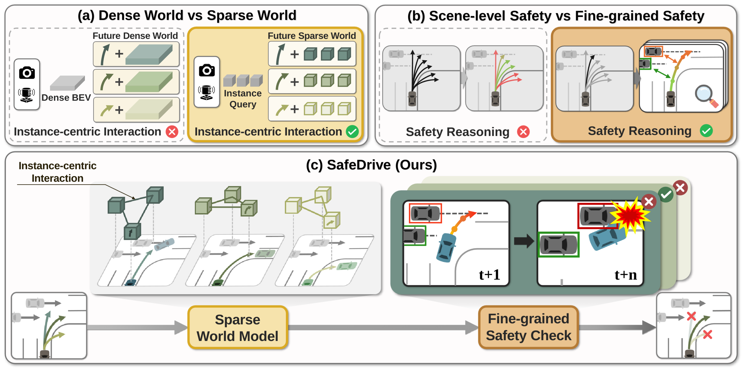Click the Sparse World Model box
[x=237, y=328]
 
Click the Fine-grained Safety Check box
[x=528, y=327]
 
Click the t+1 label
[x=489, y=274]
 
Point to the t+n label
[x=625, y=274]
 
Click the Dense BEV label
[x=66, y=98]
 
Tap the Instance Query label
[x=243, y=99]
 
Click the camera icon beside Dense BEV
[x=27, y=73]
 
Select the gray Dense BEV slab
[x=67, y=83]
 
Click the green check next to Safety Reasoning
[x=706, y=131]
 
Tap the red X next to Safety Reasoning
[x=523, y=132]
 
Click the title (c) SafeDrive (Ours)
[x=371, y=165]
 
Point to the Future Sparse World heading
[x=311, y=36]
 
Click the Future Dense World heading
[x=135, y=36]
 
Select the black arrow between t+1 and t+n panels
[x=524, y=240]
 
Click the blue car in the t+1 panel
[x=446, y=247]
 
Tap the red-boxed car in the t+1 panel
[x=425, y=213]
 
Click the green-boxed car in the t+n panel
[x=558, y=245]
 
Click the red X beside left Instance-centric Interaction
[x=172, y=132]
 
